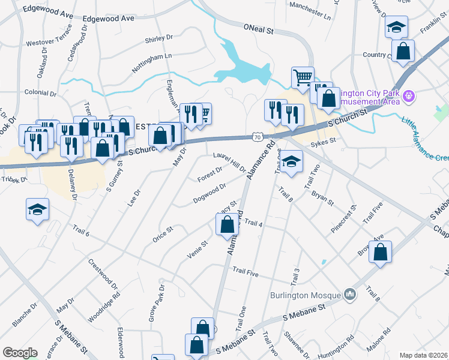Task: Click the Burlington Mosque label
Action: tap(304, 295)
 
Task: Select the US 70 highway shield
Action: tap(258, 137)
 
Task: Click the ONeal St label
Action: tap(258, 28)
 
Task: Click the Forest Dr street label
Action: tap(209, 175)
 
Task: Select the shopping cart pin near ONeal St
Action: tap(303, 77)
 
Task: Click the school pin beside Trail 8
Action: tap(291, 162)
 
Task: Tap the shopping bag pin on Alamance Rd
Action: tap(227, 225)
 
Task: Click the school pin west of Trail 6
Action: tap(37, 210)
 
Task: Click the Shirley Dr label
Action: tap(158, 41)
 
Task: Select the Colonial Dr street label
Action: tap(41, 94)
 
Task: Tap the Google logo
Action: tap(20, 353)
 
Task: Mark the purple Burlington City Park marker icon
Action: tap(410, 95)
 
